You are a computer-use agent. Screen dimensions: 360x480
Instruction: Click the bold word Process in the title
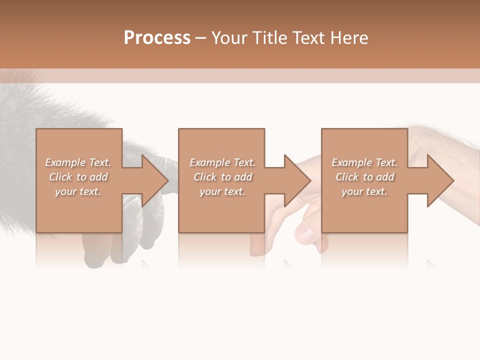point(157,38)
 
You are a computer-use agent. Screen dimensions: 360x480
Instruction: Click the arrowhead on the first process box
point(154,180)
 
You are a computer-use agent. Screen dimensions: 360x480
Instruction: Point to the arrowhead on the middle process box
point(296,180)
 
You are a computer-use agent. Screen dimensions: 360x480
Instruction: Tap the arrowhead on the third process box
point(439,180)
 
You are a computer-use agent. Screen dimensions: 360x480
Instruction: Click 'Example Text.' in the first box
point(78,162)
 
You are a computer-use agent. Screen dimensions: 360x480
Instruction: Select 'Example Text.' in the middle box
point(222,162)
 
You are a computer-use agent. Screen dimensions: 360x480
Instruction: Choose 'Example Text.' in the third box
point(364,162)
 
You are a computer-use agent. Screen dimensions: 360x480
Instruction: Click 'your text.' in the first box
point(78,191)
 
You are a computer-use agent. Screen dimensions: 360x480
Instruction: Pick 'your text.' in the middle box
point(222,191)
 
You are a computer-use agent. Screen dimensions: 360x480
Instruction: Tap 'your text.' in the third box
point(364,191)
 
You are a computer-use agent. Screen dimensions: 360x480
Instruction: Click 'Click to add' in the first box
point(78,177)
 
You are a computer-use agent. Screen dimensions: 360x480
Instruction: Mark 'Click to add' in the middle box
point(222,177)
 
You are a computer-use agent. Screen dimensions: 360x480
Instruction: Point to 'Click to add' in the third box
point(364,177)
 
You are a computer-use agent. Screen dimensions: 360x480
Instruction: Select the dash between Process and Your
point(201,38)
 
